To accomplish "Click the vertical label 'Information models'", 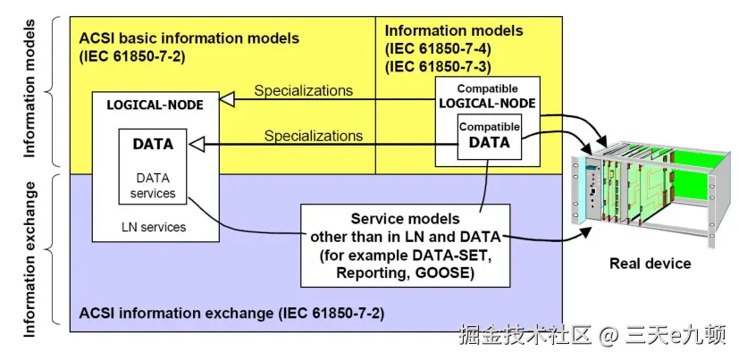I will (x=29, y=90).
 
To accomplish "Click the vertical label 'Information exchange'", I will (x=29, y=259).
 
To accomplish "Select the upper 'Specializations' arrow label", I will (x=303, y=90).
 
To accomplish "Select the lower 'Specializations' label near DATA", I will (x=313, y=136).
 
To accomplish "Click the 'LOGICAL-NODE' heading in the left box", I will (x=155, y=105).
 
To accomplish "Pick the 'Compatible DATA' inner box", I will (x=489, y=136).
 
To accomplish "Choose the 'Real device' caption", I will (x=650, y=263).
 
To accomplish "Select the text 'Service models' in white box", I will (x=404, y=218).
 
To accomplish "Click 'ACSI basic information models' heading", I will (x=189, y=39).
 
